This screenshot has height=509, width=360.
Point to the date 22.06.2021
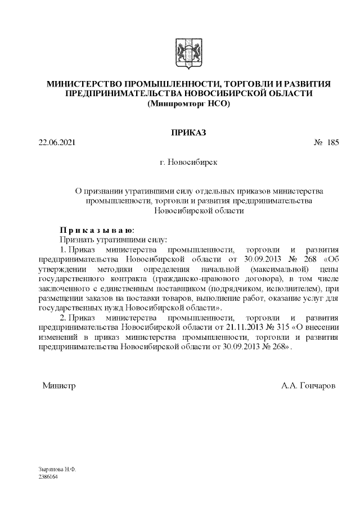[57, 143]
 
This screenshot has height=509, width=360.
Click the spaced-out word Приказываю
[97, 230]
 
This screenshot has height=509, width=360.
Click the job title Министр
[59, 386]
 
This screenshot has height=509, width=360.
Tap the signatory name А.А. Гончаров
[308, 386]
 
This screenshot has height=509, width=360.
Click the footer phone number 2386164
[48, 476]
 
